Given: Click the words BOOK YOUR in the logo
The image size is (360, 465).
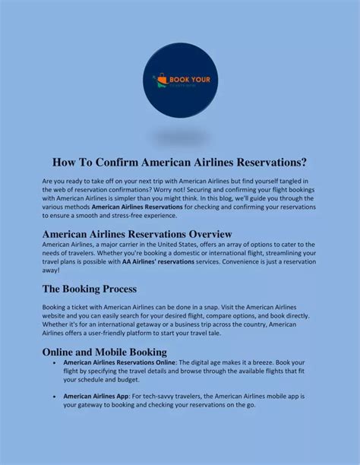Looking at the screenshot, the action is tap(187, 78).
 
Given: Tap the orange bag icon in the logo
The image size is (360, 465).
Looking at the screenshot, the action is tap(160, 78).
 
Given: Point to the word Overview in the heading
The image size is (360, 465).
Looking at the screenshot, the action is tap(200, 233).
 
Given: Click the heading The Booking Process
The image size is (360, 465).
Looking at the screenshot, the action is tap(89, 289).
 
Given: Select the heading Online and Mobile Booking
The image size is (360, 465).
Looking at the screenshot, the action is tap(104, 352).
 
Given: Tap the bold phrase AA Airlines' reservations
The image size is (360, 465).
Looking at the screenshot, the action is tap(158, 261).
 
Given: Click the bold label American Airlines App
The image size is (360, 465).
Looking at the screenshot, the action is tap(96, 396).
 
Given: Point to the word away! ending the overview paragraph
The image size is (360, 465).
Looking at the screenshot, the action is tap(51, 270).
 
